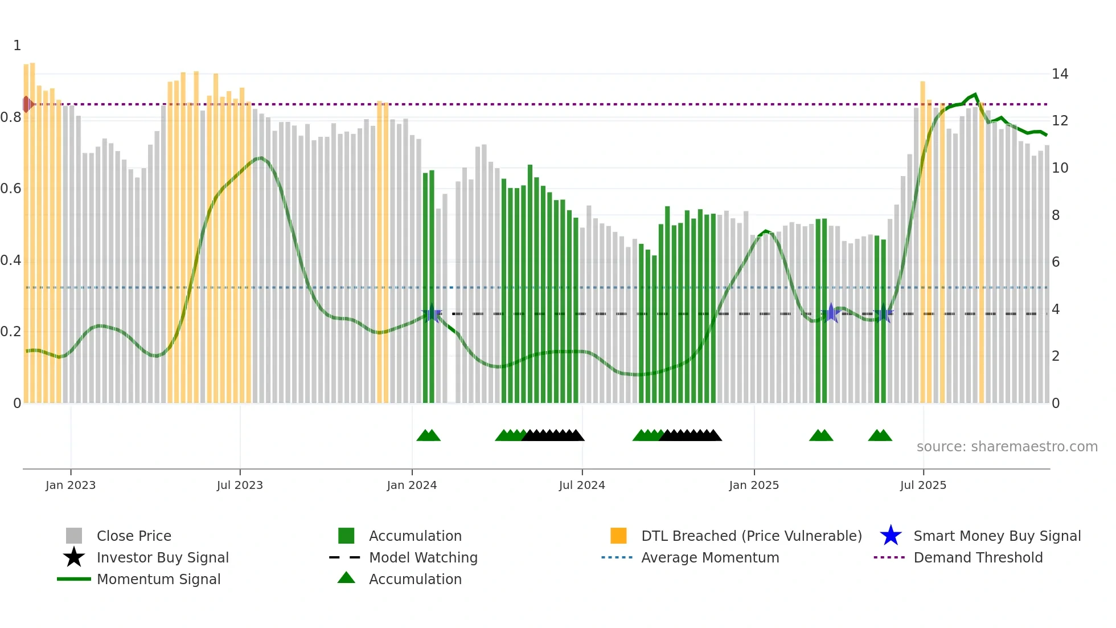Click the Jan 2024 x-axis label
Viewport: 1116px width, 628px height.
412,485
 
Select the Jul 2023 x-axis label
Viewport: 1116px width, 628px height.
240,485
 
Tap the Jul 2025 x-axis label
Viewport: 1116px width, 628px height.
923,485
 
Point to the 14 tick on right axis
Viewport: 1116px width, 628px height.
1060,74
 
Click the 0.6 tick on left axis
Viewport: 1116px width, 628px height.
11,189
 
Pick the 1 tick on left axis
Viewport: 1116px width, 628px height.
17,46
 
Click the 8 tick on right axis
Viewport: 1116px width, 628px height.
1056,215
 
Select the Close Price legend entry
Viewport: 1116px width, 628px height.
134,536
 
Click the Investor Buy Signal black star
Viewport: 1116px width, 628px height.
74,557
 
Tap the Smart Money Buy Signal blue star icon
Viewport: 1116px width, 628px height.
891,536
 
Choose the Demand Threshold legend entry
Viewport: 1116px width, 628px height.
978,557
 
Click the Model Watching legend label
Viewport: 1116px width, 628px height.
423,557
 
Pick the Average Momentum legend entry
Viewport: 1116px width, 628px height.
709,557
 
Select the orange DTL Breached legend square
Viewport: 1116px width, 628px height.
618,536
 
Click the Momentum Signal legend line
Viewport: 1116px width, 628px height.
74,579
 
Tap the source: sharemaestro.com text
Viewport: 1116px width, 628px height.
1007,446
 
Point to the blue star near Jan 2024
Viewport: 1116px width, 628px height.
432,313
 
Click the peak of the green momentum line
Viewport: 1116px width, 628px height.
975,94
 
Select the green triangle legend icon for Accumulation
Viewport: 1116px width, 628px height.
346,578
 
